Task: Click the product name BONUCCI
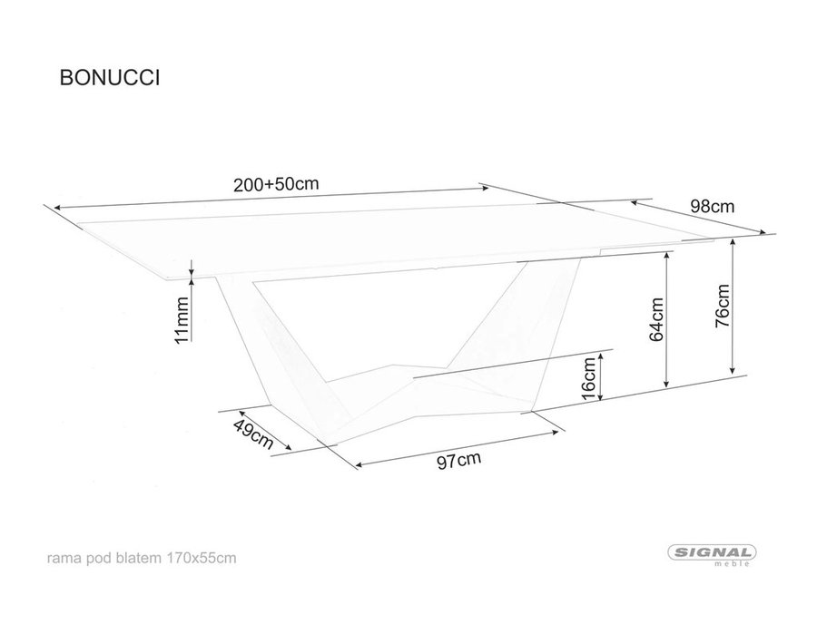[110, 77]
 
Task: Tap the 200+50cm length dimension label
[276, 184]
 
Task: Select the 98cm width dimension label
[713, 207]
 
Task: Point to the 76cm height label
[723, 306]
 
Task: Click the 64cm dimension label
[656, 319]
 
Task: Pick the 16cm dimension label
[587, 378]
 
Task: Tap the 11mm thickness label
[181, 319]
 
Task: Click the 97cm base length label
[459, 461]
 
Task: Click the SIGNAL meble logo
[713, 555]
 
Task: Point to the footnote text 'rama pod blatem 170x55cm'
[142, 559]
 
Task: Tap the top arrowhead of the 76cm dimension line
[733, 242]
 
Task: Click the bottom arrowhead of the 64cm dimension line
[666, 383]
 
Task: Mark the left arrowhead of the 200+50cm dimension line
[57, 208]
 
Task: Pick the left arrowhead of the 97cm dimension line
[359, 464]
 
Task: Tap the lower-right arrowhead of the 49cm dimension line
[288, 447]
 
